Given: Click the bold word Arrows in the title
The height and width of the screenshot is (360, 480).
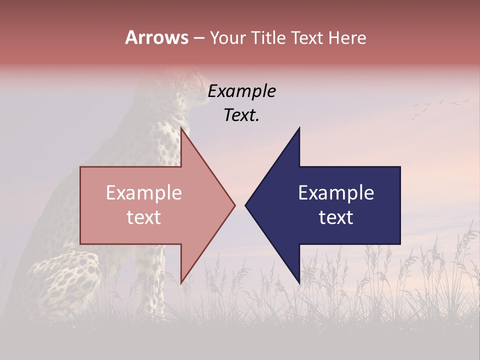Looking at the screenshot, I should (156, 37).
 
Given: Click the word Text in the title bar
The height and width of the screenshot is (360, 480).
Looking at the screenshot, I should (308, 37).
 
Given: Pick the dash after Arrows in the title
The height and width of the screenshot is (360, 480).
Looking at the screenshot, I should (198, 38).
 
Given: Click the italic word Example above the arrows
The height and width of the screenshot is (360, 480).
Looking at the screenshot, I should (241, 91).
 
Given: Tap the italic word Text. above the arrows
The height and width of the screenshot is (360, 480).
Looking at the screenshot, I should (241, 115).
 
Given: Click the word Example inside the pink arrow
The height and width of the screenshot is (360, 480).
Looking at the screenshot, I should (143, 193).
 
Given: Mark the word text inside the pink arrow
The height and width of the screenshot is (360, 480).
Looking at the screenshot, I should (143, 217).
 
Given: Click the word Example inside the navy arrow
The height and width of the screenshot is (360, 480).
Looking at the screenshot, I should (336, 193).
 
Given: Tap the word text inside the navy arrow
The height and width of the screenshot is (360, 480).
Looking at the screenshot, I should (336, 217).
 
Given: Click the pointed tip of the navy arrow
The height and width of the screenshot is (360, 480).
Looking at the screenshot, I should (246, 205).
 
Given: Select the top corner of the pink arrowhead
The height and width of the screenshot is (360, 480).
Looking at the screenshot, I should (181, 129).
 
